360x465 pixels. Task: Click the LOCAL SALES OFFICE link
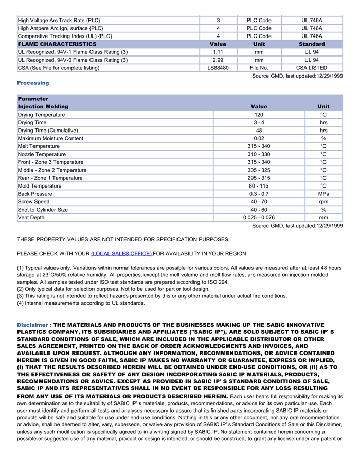coord(121,254)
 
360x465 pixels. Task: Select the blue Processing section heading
coord(33,83)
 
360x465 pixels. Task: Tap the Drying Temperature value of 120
coord(259,115)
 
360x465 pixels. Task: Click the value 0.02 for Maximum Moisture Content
coord(259,138)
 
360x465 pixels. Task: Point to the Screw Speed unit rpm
coord(323,202)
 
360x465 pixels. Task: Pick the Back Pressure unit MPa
coord(323,194)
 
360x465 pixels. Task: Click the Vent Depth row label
coord(31,218)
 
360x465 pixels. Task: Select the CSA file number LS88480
coord(218,68)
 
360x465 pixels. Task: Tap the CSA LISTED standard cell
coord(312,68)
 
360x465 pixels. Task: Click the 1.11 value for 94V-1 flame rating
coord(218,52)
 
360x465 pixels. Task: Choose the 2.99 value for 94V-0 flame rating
coord(218,60)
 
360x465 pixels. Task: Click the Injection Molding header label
coord(43,107)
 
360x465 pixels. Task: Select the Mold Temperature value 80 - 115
coord(259,186)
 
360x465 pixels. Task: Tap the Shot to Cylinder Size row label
coord(43,210)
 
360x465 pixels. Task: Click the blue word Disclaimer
coord(33,325)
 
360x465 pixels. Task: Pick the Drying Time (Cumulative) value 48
coord(259,131)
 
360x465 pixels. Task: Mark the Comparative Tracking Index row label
coord(65,36)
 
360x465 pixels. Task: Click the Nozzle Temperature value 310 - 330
coord(259,154)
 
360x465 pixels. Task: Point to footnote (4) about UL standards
coord(81,303)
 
